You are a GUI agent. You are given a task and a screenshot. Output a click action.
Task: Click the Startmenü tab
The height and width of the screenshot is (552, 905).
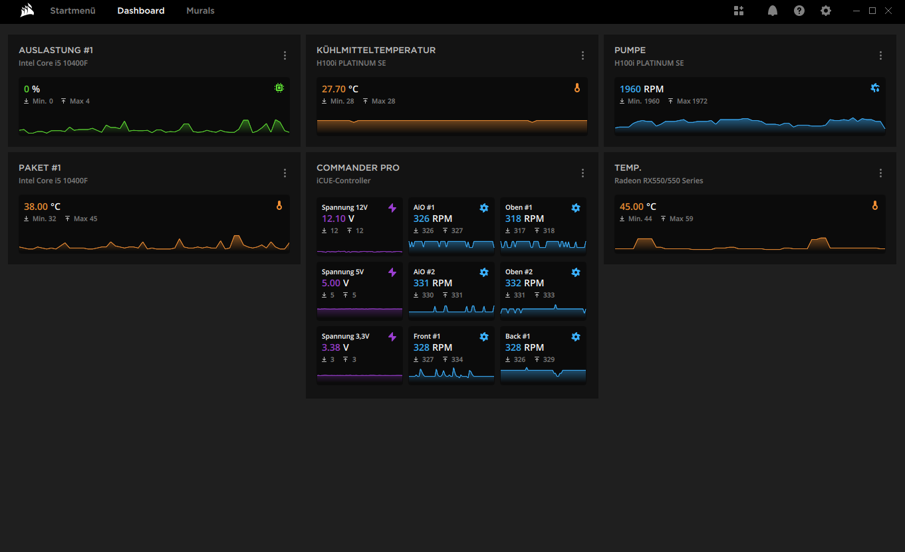72,11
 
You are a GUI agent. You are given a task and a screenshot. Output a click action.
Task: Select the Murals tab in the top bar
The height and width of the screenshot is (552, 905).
200,11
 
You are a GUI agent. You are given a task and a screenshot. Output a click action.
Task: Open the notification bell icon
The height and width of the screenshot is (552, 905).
773,11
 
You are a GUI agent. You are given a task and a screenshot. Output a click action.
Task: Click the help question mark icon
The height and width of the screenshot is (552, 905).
799,11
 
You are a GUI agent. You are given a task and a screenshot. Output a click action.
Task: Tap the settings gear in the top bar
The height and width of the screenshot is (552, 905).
826,11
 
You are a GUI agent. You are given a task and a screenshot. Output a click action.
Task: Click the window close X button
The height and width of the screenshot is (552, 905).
888,11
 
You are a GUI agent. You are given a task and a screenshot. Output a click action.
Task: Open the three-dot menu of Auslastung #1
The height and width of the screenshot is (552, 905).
285,56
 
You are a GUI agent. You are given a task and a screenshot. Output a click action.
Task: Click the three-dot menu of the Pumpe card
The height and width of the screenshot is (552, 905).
881,56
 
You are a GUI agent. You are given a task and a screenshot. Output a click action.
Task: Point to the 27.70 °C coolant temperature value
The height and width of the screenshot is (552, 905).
340,89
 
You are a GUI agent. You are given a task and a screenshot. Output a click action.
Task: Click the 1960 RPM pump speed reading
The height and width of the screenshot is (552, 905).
642,89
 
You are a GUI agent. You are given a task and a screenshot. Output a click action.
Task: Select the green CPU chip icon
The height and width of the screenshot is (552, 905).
279,88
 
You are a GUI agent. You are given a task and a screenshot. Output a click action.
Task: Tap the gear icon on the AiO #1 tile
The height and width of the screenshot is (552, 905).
484,208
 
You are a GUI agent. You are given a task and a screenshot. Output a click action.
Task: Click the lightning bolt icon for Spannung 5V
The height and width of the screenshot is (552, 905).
392,272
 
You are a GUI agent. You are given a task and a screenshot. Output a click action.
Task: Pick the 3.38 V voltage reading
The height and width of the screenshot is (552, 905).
335,347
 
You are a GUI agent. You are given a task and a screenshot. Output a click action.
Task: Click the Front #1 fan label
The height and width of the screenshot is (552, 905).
427,336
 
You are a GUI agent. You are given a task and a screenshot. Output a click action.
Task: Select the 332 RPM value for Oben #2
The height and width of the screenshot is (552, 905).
525,283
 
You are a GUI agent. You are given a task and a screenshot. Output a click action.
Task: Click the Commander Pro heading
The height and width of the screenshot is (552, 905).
358,168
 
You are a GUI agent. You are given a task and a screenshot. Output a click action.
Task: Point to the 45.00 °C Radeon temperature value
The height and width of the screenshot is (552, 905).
638,207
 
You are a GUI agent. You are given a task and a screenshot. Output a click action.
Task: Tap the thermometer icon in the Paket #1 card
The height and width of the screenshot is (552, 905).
279,205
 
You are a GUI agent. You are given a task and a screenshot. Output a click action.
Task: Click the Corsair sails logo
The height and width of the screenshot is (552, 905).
27,11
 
